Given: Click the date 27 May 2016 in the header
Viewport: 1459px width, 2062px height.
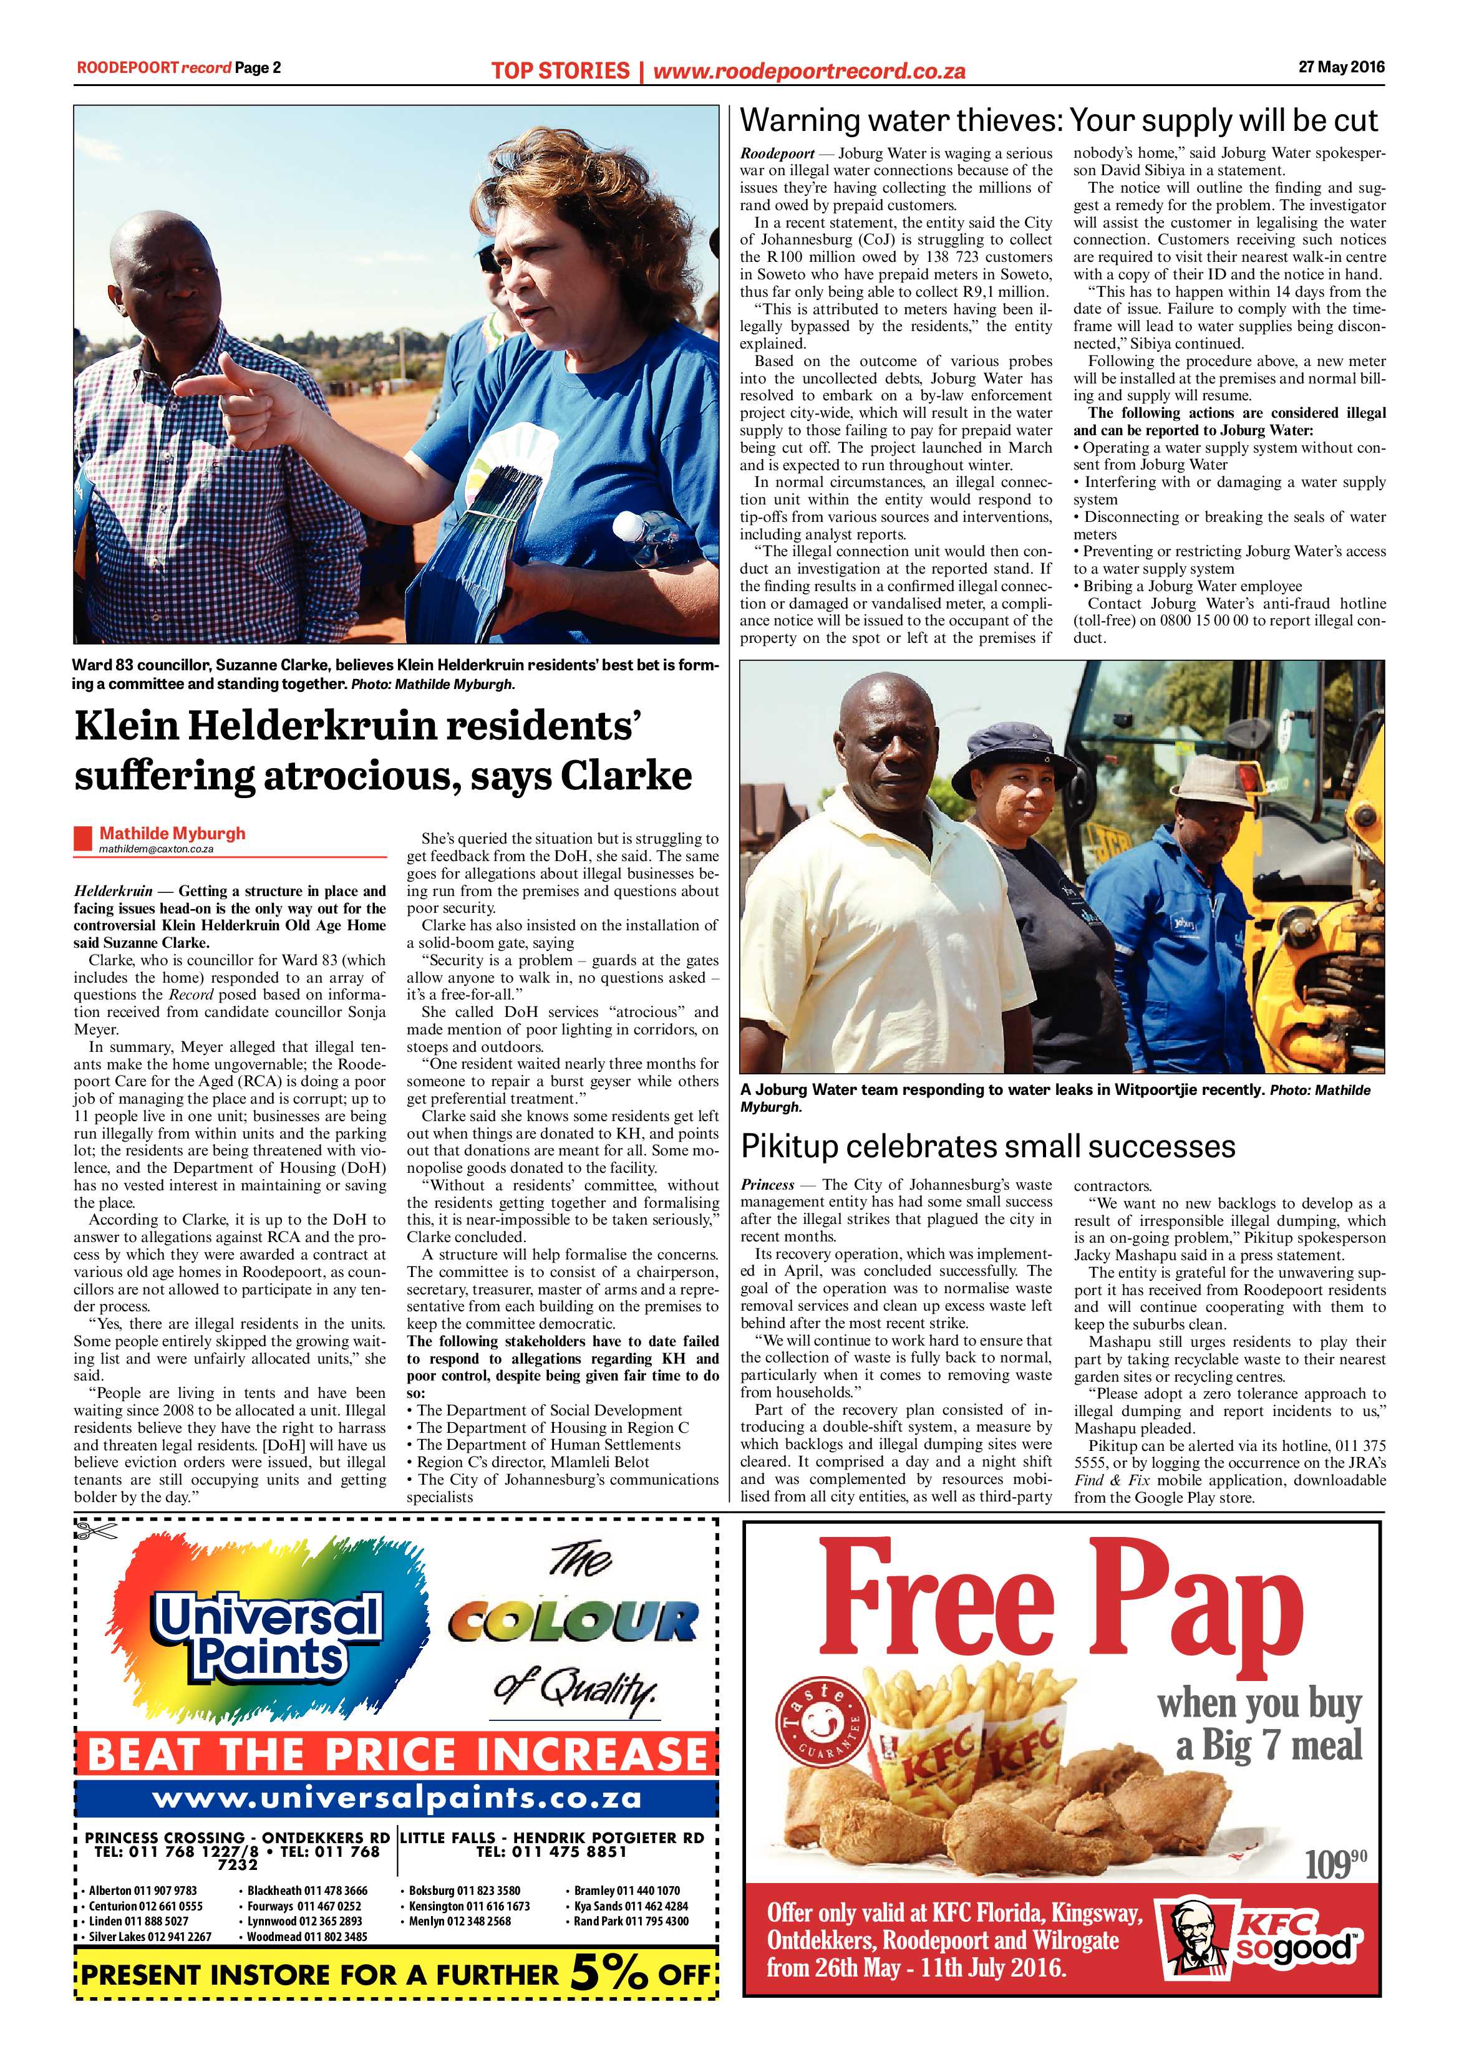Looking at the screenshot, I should click(x=1341, y=67).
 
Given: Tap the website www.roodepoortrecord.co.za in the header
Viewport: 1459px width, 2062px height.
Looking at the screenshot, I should click(x=808, y=70).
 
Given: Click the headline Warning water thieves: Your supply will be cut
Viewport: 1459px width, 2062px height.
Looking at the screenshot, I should click(x=1059, y=120).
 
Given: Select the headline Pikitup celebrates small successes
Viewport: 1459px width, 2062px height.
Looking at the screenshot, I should click(x=987, y=1147).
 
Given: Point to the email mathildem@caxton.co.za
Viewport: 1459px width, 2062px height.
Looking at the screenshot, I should click(x=157, y=849).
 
